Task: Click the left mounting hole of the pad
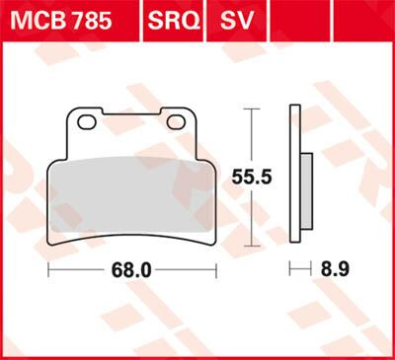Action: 86,121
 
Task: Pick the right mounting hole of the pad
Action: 177,121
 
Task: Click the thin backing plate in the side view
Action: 295,178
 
